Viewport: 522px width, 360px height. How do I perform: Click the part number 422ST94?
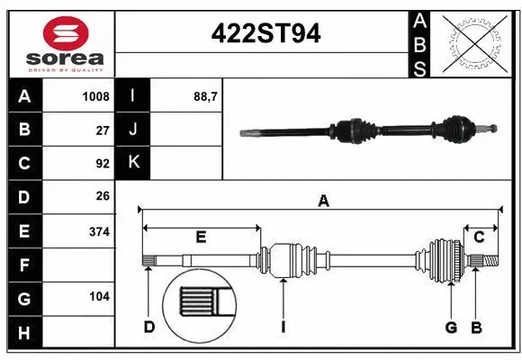click(265, 33)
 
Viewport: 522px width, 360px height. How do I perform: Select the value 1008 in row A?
click(96, 95)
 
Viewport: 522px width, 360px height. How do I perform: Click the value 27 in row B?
click(102, 130)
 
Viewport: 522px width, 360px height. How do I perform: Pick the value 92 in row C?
click(102, 164)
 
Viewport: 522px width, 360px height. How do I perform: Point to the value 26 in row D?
click(102, 196)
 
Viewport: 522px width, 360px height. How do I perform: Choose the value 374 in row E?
click(99, 231)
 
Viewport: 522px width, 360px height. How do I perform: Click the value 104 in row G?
click(99, 296)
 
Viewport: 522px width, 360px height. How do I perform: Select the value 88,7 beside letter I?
click(206, 95)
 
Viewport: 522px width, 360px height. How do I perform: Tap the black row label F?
click(24, 265)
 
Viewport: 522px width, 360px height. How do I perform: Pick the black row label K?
click(134, 163)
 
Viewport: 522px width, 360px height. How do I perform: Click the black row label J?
click(134, 130)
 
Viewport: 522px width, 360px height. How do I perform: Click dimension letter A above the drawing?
click(323, 202)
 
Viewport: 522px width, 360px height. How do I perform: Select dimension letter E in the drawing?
click(201, 237)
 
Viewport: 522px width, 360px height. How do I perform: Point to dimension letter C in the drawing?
click(479, 237)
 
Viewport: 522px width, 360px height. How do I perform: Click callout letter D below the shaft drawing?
click(148, 326)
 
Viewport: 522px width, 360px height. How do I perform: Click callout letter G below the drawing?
click(451, 326)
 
